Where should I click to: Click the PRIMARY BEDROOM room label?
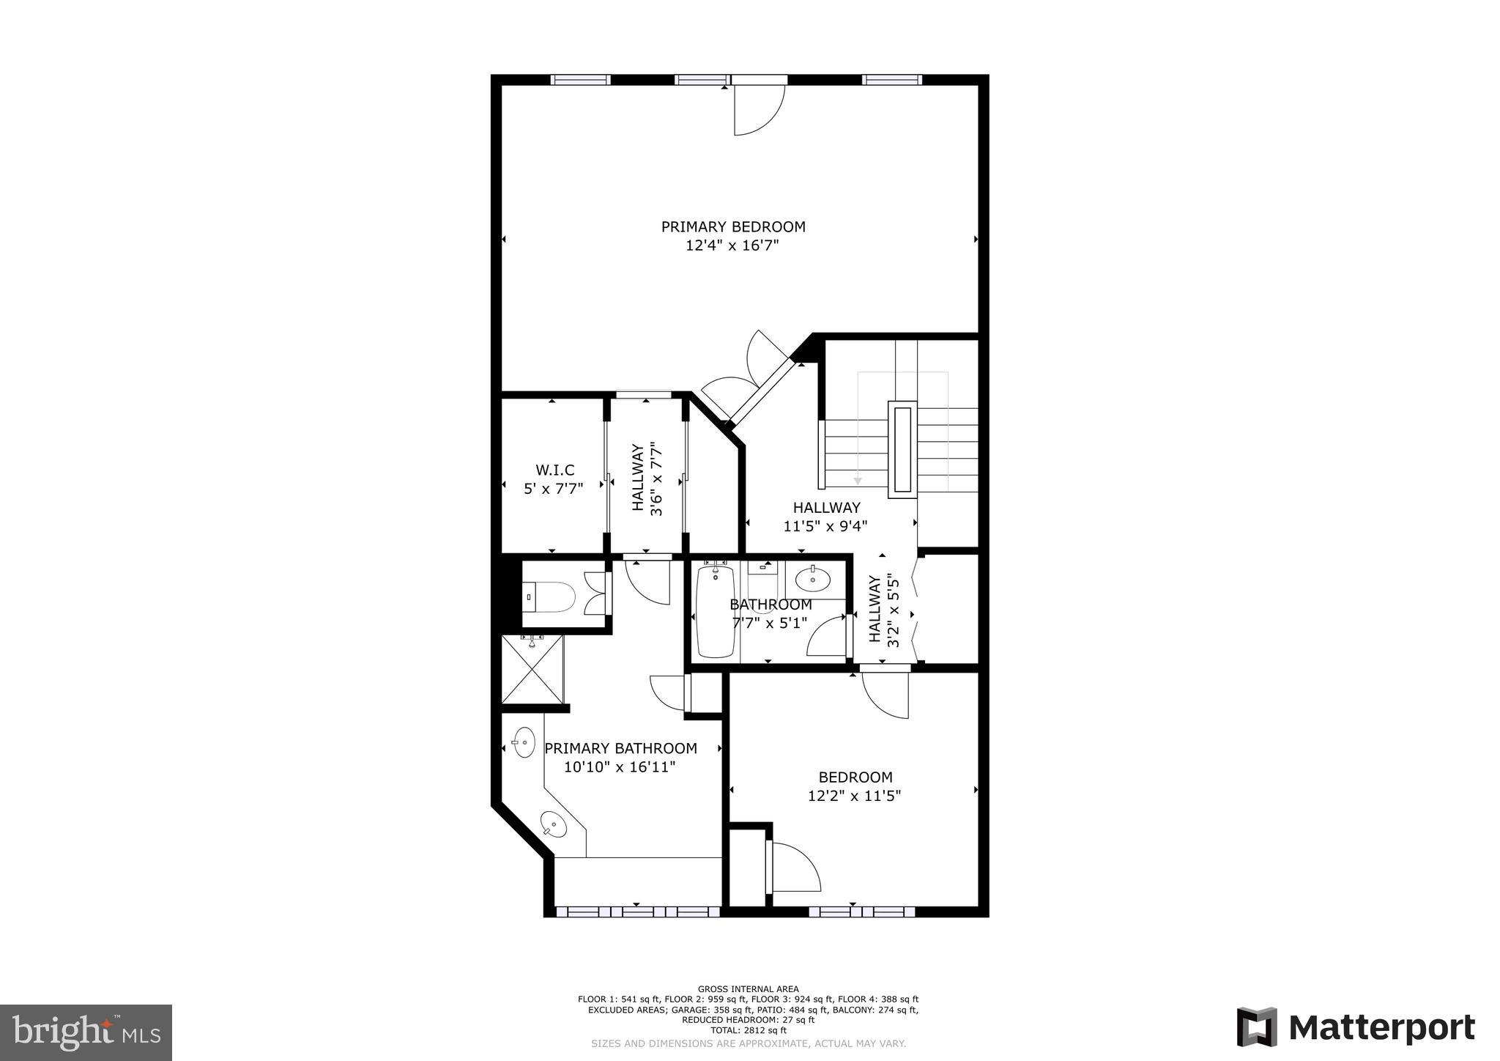(732, 227)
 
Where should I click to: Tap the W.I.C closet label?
(554, 470)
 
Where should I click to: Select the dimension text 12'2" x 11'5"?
(854, 796)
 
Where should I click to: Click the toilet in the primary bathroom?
(550, 597)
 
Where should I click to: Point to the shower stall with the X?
(532, 669)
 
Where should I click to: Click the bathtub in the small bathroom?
(716, 612)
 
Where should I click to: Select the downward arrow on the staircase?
(858, 480)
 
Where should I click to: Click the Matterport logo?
(1356, 1028)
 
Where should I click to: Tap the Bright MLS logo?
(86, 1032)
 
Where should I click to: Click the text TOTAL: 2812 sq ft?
(748, 1030)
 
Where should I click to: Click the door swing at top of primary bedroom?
(759, 110)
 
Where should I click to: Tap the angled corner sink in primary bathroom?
(554, 825)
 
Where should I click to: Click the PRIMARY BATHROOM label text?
(620, 748)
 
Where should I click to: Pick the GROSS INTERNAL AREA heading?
(748, 989)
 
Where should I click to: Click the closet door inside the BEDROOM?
(795, 867)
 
